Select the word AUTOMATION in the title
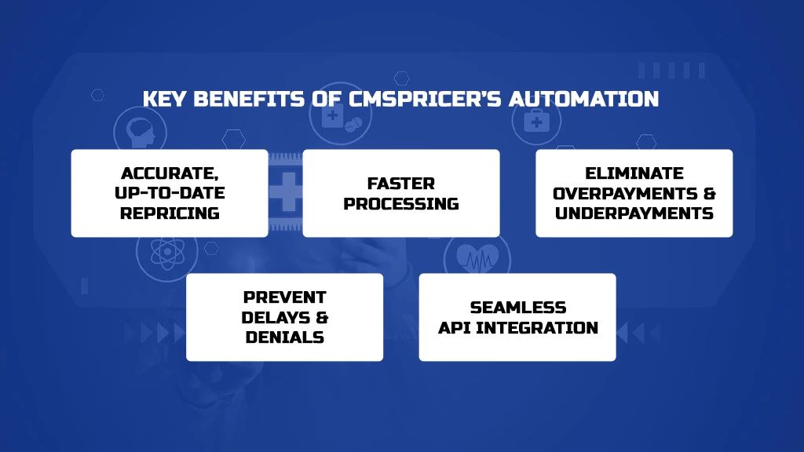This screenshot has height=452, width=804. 583,99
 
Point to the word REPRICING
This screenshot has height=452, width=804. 170,213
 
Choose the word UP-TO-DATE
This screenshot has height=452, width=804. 170,193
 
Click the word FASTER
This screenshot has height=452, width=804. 401,184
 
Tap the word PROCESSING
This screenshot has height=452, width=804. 401,203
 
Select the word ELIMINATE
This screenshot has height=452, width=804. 634,173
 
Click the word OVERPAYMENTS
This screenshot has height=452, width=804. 625,193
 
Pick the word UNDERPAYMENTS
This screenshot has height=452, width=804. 634,213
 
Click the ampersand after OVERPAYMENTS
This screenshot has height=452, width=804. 710,193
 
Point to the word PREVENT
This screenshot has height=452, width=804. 284,297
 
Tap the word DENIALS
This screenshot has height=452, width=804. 284,337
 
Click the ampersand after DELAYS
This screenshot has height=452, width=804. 322,317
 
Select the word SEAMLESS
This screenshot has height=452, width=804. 518,308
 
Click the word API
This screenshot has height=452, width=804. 454,327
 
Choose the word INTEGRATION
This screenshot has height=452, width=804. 537,327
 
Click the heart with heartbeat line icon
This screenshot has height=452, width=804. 477,257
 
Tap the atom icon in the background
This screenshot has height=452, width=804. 167,252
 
